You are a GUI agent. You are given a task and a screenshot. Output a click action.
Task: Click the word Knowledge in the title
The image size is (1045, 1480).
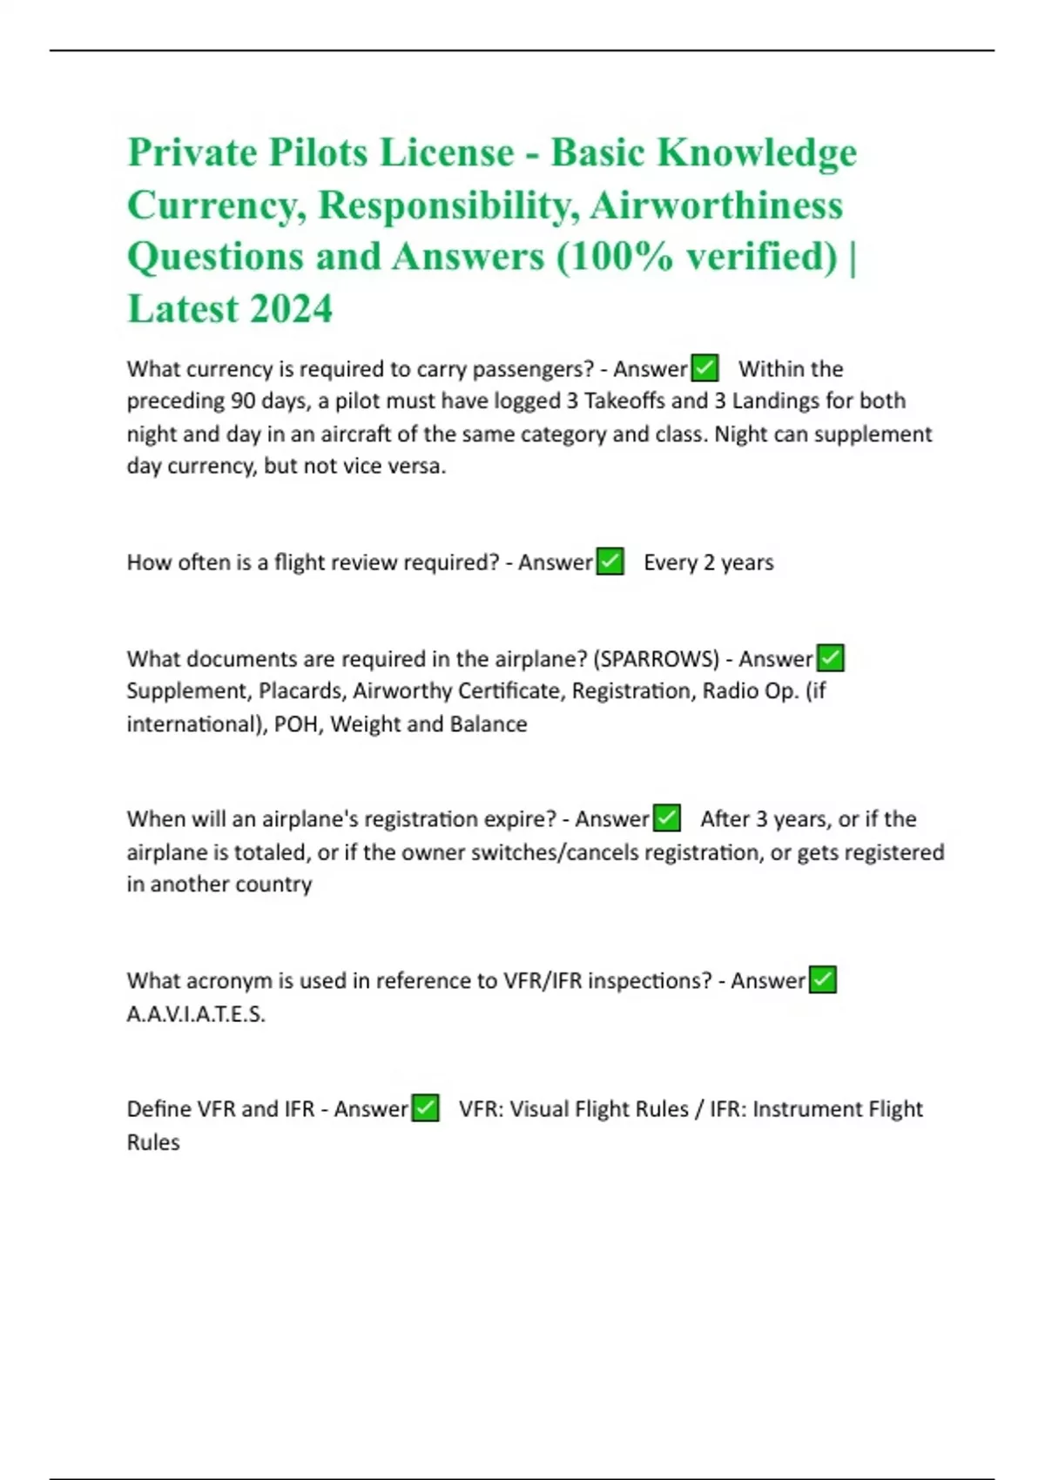pyautogui.click(x=756, y=152)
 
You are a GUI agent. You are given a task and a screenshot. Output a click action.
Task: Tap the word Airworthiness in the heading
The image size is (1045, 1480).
pyautogui.click(x=716, y=205)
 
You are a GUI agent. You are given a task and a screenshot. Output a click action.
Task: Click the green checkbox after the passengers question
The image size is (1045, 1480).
pyautogui.click(x=705, y=368)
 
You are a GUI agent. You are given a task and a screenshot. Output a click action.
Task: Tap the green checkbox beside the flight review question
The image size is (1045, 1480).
pyautogui.click(x=610, y=562)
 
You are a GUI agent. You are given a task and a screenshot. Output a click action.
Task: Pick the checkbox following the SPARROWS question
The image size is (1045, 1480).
pyautogui.click(x=831, y=658)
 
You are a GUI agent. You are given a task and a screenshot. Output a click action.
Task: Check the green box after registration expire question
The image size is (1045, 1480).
pyautogui.click(x=666, y=818)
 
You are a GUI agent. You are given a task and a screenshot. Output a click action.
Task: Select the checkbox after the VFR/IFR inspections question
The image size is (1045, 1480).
pyautogui.click(x=822, y=980)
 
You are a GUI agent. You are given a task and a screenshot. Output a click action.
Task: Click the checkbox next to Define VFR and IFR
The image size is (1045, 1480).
pyautogui.click(x=425, y=1108)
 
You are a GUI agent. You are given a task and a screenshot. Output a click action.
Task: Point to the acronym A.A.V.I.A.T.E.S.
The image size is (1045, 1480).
pyautogui.click(x=196, y=1014)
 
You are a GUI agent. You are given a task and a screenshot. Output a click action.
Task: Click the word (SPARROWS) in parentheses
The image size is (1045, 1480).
pyautogui.click(x=656, y=659)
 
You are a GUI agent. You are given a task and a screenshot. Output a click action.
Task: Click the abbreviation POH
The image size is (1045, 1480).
pyautogui.click(x=296, y=724)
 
